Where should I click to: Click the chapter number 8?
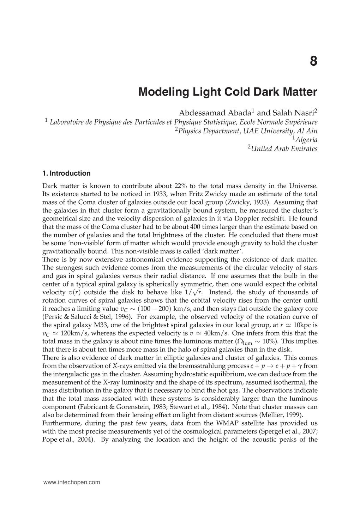[313, 61]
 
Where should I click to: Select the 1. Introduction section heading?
[66, 173]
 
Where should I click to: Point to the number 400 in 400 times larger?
[196, 227]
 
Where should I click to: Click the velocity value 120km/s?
[74, 333]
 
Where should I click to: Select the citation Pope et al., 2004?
[68, 440]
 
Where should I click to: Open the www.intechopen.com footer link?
[71, 482]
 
